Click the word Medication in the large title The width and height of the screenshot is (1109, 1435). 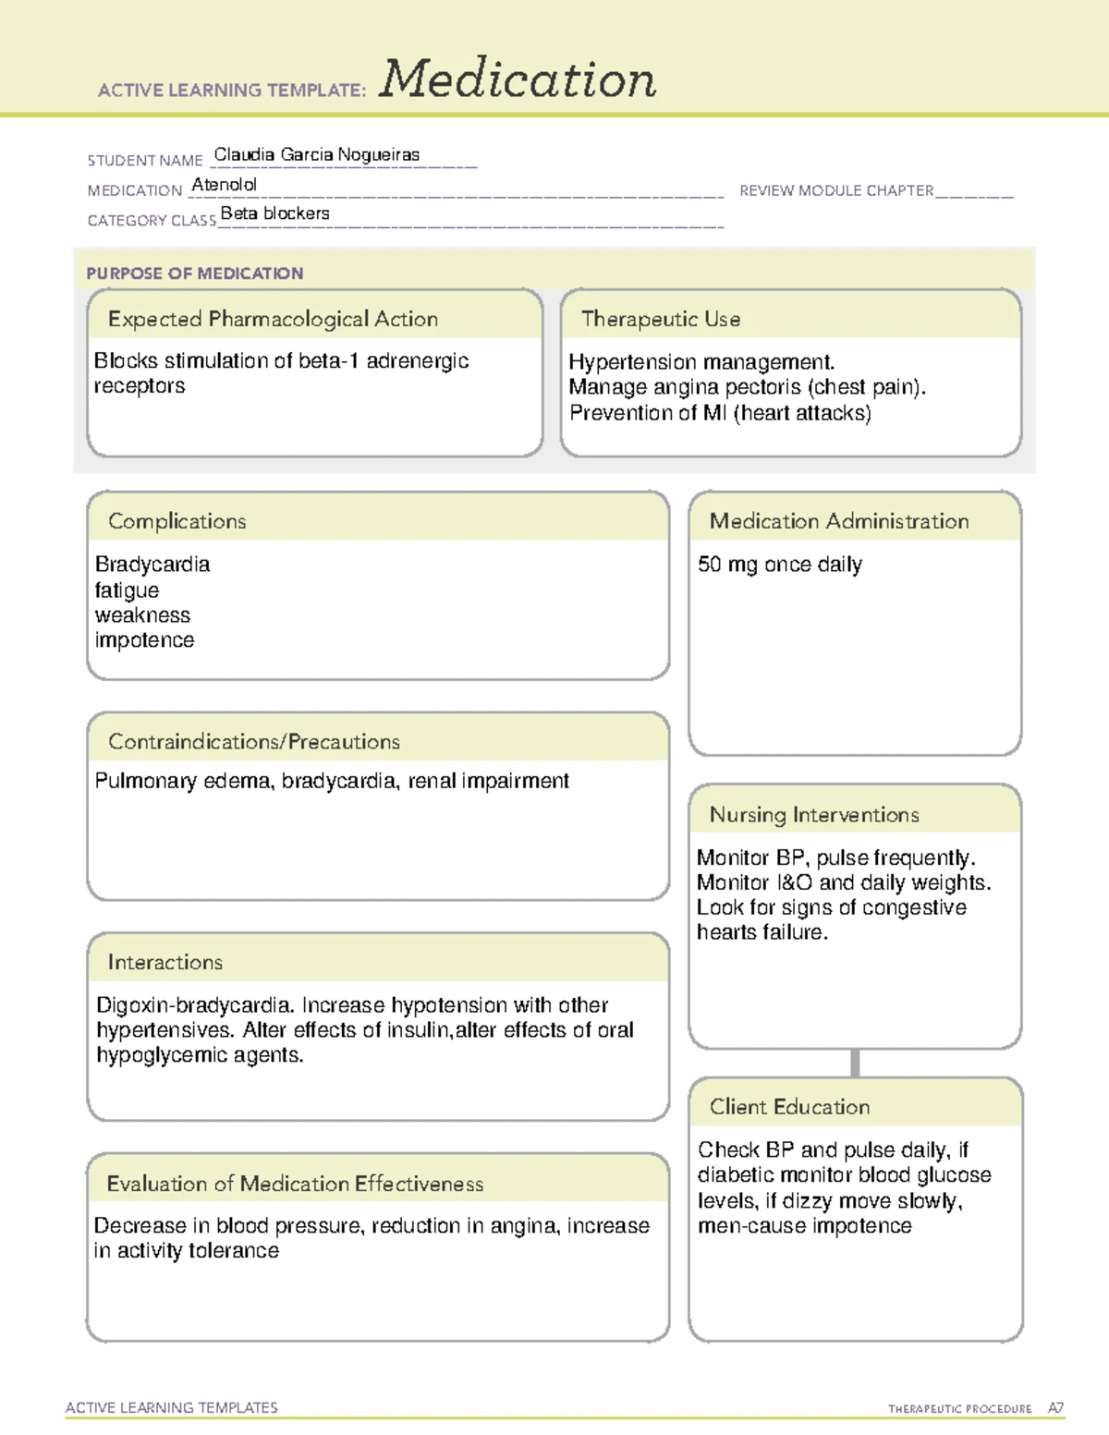(518, 79)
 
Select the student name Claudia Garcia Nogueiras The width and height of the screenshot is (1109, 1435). (317, 154)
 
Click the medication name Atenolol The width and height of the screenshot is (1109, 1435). (224, 185)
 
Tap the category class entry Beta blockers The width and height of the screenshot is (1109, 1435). (274, 213)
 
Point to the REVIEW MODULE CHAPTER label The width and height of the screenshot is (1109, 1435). (836, 190)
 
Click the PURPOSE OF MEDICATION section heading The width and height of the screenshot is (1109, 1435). (194, 274)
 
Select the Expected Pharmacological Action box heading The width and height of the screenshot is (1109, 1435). (273, 320)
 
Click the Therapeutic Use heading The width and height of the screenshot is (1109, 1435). (660, 320)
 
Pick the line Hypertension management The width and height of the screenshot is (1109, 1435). (701, 362)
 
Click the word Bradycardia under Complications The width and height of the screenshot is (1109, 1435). (152, 565)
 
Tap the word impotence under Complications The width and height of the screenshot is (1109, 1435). (144, 640)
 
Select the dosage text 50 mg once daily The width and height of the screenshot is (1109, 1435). (779, 565)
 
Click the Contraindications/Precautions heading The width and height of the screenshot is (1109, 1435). (254, 742)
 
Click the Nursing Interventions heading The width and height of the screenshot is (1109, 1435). (814, 815)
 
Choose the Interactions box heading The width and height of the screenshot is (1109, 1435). (165, 963)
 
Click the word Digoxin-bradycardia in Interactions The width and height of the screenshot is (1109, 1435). (195, 1005)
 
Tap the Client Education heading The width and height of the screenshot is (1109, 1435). (789, 1107)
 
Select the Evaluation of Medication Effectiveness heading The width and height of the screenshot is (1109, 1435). (295, 1185)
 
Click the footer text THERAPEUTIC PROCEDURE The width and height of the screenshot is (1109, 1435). (959, 1409)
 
